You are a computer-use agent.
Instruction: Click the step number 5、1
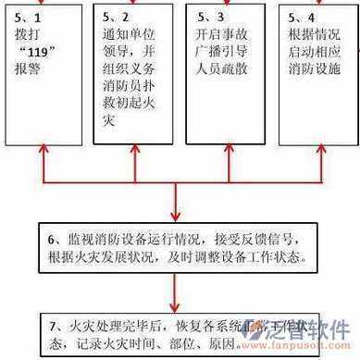(x=28, y=17)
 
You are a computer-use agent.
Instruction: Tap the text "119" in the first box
(x=38, y=54)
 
